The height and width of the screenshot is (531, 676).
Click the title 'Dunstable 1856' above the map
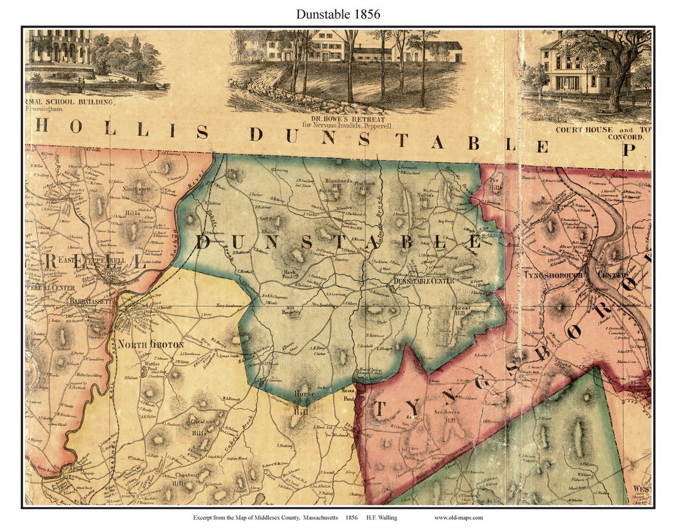pyautogui.click(x=338, y=14)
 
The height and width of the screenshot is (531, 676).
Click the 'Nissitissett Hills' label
pyautogui.click(x=133, y=200)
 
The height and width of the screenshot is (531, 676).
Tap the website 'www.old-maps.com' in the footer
pyautogui.click(x=458, y=517)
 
